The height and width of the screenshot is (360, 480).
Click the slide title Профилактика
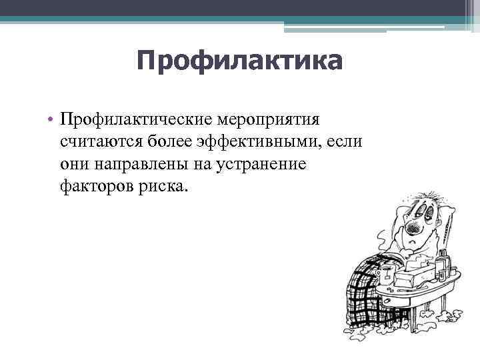(x=239, y=61)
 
